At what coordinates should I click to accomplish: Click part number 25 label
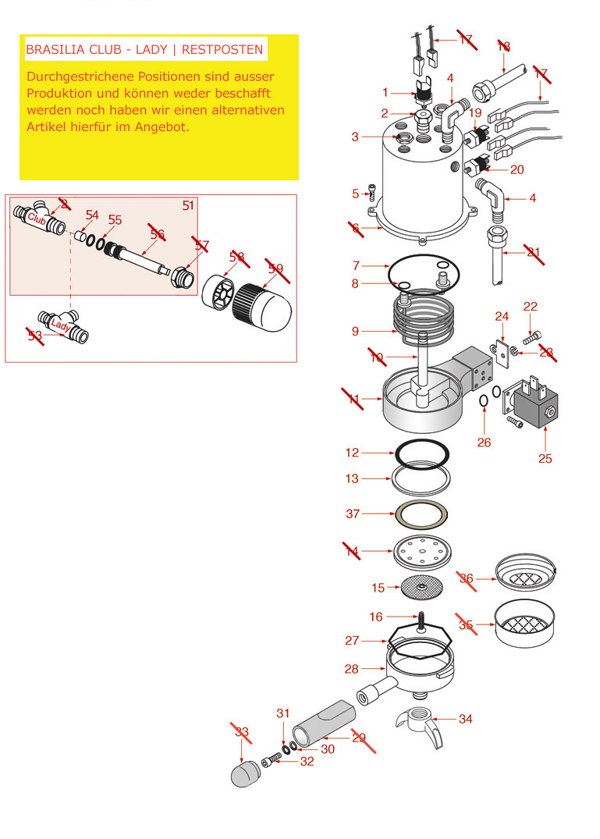pos(545,458)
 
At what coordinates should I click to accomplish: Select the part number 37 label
pos(353,514)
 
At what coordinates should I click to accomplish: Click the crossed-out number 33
pos(242,732)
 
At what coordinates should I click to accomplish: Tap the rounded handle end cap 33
pos(244,775)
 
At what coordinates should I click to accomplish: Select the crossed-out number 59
pos(275,268)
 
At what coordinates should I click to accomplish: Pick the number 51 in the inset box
pos(188,205)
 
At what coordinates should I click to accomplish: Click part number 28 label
pos(351,669)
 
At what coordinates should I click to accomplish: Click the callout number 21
pos(534,251)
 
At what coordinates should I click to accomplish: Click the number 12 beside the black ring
pos(353,453)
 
